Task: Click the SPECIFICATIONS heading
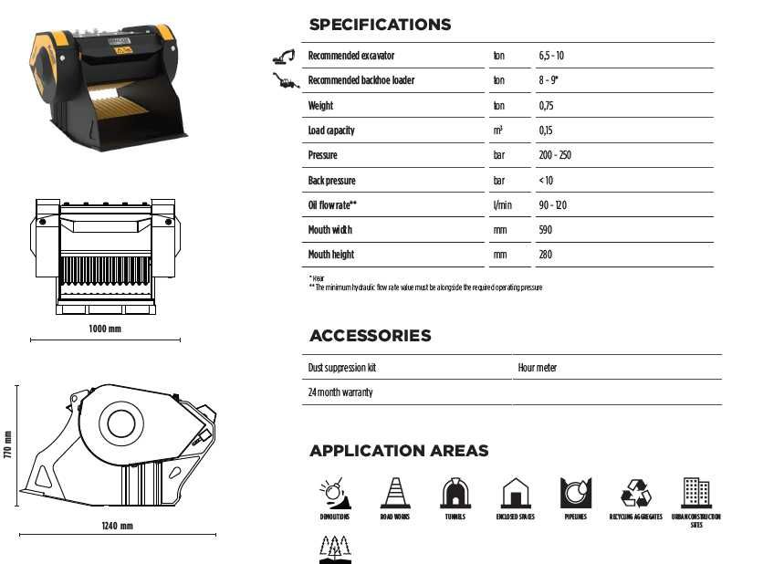pos(380,25)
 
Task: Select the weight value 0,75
pos(547,106)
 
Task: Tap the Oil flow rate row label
pos(332,205)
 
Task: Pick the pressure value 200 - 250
pos(555,155)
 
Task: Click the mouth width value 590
pos(546,230)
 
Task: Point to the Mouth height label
pos(331,255)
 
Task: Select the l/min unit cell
pos(502,205)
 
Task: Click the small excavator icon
pos(284,56)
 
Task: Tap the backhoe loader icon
pos(286,81)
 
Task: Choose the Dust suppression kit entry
pos(342,368)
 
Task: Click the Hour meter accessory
pos(538,368)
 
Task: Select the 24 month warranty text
pos(340,392)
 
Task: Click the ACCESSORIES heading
pos(370,336)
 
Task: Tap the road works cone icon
pos(395,493)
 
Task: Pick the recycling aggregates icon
pos(636,493)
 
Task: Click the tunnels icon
pos(455,493)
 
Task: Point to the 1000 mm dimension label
pos(105,329)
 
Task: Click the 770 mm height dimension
pos(8,444)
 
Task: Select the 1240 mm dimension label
pos(117,527)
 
